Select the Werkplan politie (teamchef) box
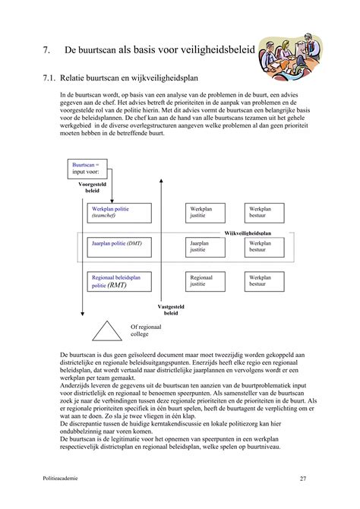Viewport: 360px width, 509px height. [118, 212]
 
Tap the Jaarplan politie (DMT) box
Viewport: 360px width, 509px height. [118, 245]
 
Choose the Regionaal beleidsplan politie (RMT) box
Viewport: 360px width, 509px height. [118, 283]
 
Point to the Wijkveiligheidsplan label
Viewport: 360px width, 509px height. [248, 233]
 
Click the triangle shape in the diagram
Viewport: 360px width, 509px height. [107, 331]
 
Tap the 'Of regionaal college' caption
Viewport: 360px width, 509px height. [144, 329]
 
